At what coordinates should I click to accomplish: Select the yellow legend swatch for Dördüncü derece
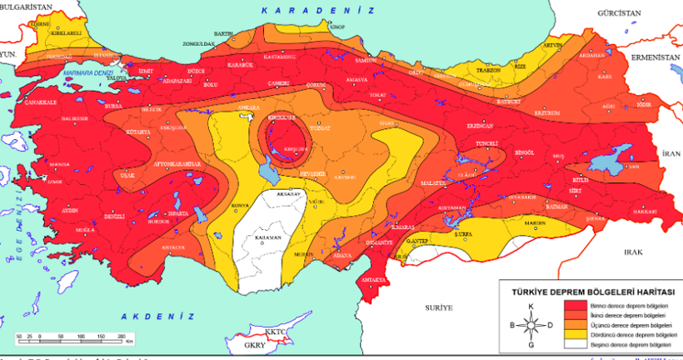tap(574, 334)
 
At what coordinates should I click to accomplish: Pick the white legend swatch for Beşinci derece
tap(574, 343)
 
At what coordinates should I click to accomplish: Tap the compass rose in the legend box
tap(531, 325)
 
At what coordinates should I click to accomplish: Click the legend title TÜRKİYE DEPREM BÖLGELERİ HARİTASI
tap(591, 293)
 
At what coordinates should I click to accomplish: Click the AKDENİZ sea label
tap(157, 317)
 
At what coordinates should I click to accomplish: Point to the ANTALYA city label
tap(173, 247)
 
